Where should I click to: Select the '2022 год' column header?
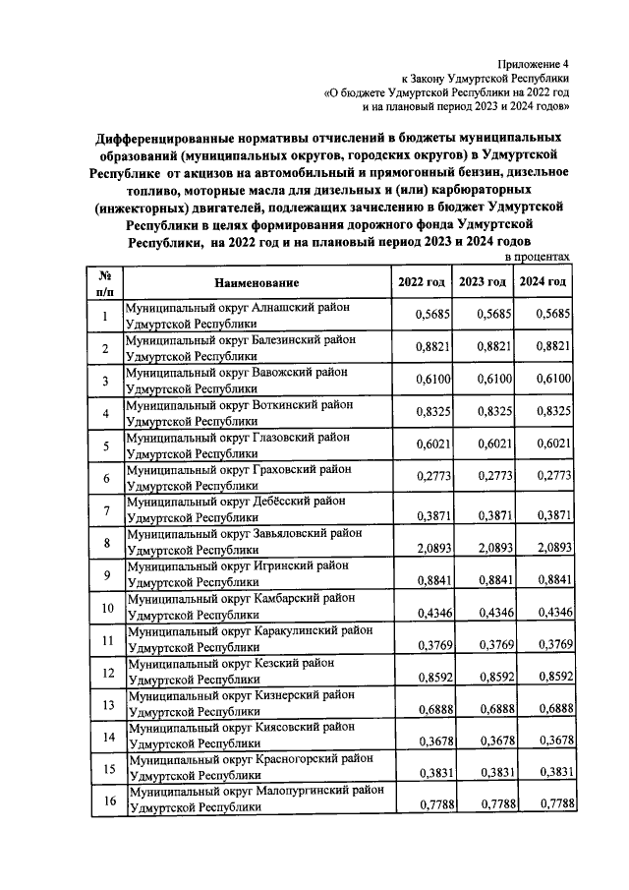click(421, 282)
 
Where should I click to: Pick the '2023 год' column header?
click(483, 282)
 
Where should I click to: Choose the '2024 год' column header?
click(543, 282)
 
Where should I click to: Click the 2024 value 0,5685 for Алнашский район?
click(550, 315)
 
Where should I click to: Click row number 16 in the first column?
click(107, 801)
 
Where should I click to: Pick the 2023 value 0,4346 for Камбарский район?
click(488, 613)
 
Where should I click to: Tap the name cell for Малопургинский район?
click(255, 800)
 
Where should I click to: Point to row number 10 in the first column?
click(107, 607)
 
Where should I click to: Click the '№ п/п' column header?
click(107, 282)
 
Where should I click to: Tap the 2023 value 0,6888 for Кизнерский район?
click(488, 709)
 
